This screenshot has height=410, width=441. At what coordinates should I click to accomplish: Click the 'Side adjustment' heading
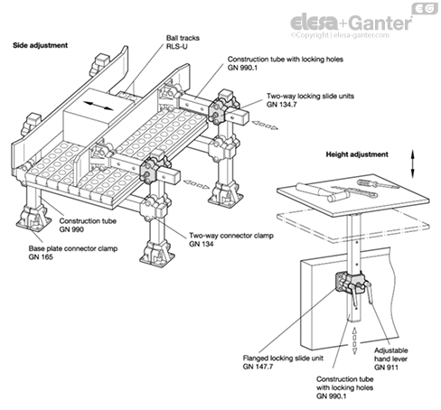tap(40, 45)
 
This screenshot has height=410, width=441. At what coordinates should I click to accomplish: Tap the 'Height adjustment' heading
tap(357, 154)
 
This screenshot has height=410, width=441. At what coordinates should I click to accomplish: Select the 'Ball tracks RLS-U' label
tap(183, 42)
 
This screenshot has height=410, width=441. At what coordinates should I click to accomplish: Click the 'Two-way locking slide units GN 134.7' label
tap(310, 100)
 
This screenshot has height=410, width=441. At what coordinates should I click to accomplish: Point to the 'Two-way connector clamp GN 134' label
tap(231, 239)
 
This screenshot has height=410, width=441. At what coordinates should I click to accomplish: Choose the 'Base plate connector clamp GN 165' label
tap(73, 253)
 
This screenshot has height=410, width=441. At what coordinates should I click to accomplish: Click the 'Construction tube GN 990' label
tap(88, 225)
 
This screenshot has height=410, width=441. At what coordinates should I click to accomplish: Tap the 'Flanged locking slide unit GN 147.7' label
tap(283, 362)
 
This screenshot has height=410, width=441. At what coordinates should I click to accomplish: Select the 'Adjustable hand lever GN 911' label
tap(390, 359)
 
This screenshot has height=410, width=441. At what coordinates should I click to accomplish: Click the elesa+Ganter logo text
tap(351, 23)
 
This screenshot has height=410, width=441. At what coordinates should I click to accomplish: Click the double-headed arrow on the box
tap(99, 106)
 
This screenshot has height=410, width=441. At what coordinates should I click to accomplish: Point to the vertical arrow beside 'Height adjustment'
tap(413, 163)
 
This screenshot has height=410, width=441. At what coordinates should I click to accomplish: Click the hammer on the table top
tap(323, 192)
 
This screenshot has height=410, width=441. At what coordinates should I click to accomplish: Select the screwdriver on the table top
tap(378, 183)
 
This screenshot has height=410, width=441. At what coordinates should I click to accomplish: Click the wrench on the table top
tap(355, 191)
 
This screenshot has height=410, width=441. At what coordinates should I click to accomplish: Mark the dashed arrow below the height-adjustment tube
tap(354, 340)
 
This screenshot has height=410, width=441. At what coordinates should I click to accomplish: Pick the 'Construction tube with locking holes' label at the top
tap(286, 63)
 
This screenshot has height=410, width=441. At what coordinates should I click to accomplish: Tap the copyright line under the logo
tap(340, 35)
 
